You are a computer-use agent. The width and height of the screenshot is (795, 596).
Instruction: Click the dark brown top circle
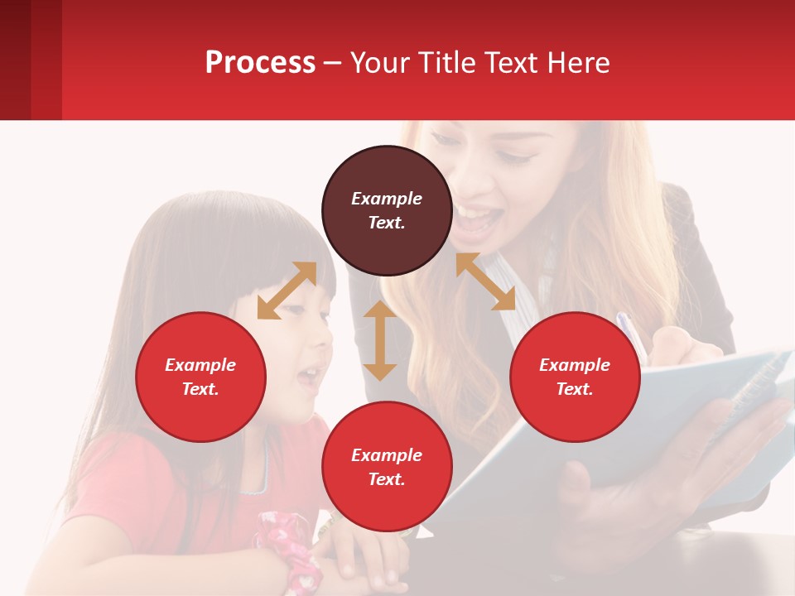[387, 210]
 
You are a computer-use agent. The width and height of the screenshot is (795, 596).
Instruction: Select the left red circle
[200, 377]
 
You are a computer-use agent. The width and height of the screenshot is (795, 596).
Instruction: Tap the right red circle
[575, 377]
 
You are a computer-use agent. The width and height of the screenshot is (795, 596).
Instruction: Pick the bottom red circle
[387, 467]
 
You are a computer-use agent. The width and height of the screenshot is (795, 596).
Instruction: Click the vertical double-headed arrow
[380, 340]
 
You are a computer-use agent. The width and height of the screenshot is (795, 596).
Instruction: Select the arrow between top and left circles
[287, 291]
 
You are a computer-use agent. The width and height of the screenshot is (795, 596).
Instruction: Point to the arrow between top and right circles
[485, 281]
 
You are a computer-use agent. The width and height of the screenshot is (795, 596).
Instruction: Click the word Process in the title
[260, 62]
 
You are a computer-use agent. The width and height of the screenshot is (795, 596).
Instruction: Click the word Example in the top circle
[387, 199]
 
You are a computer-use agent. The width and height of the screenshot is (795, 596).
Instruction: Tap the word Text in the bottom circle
[387, 479]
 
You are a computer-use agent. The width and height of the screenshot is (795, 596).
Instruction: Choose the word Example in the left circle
[200, 365]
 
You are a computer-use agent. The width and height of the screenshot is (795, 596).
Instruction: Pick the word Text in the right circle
[575, 389]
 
